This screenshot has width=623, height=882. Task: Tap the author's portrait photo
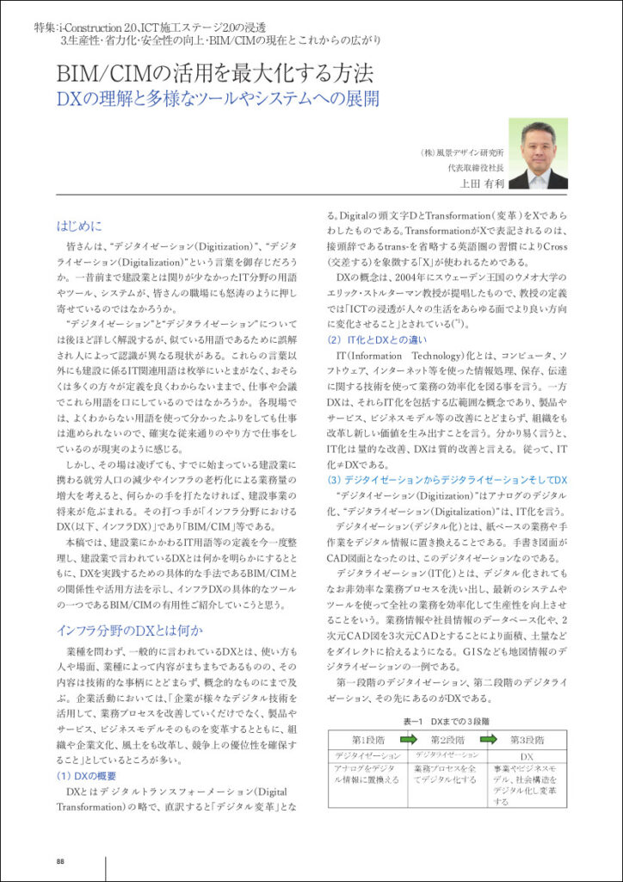(x=538, y=153)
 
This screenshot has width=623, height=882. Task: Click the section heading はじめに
(x=79, y=227)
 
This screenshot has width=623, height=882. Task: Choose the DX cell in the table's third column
(x=527, y=755)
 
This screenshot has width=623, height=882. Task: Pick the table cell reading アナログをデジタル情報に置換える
(x=367, y=773)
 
